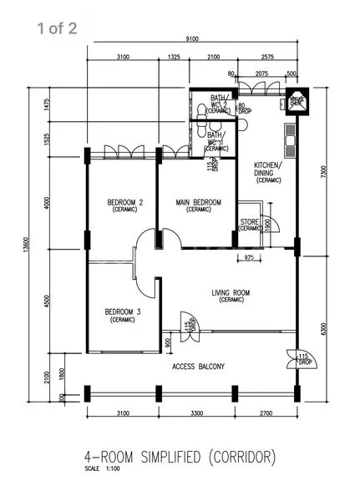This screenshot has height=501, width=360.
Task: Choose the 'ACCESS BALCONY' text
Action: [x=198, y=366]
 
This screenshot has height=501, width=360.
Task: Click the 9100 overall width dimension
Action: [x=192, y=38]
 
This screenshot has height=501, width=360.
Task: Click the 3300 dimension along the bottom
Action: [x=193, y=412]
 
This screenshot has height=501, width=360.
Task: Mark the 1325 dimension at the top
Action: [x=174, y=58]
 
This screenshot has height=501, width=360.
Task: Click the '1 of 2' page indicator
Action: [x=57, y=30]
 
